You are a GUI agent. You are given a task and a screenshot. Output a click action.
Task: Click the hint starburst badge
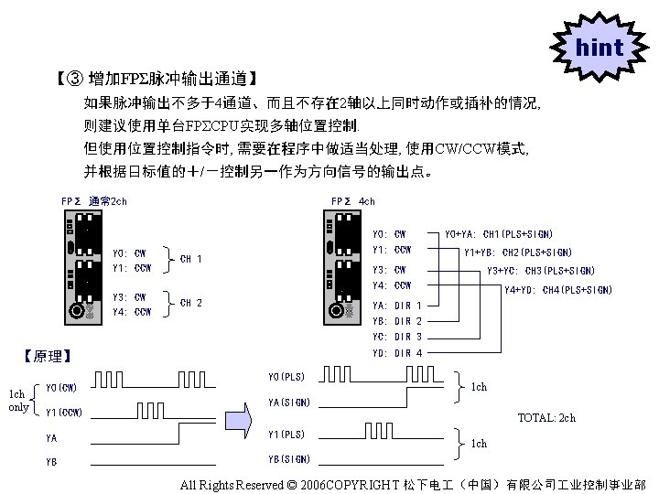(x=600, y=47)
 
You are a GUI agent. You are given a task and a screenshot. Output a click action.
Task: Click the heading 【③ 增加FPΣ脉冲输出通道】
(x=157, y=80)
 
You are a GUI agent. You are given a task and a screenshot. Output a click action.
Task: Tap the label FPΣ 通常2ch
(x=94, y=201)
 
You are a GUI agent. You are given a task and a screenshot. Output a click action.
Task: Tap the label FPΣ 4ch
(x=352, y=201)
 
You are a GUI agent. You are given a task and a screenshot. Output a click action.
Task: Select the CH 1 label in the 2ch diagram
(x=191, y=259)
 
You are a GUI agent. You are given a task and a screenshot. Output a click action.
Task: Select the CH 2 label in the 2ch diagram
(x=191, y=303)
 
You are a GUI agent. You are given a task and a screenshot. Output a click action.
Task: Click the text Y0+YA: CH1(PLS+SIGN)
(x=498, y=234)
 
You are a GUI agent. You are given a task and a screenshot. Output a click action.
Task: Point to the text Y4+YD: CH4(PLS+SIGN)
(x=558, y=291)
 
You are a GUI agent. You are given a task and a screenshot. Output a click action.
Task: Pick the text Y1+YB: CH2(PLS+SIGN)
(x=518, y=252)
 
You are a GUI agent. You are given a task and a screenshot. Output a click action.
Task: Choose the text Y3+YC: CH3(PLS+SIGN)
(x=540, y=271)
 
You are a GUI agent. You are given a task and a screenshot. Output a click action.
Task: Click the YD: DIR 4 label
(x=397, y=353)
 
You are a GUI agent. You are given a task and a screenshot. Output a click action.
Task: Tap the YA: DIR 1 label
(x=397, y=305)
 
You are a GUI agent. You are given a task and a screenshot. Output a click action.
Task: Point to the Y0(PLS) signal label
(x=286, y=377)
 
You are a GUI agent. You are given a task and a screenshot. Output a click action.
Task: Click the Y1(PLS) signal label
(x=286, y=435)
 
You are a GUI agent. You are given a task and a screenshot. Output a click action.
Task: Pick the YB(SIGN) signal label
(x=289, y=459)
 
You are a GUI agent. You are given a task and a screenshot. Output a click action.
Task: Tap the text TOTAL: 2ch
(x=546, y=418)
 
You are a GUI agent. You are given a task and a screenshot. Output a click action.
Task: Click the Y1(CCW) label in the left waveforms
(x=64, y=413)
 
